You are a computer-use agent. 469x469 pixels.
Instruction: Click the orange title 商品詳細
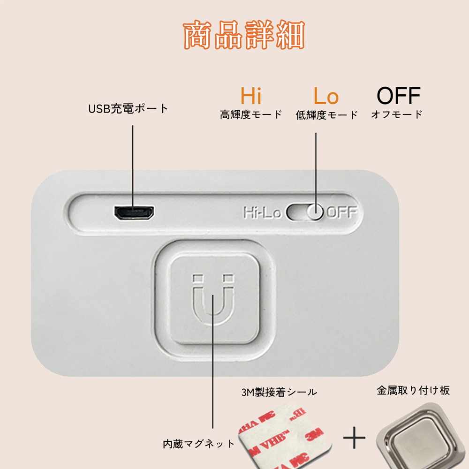pyautogui.click(x=244, y=35)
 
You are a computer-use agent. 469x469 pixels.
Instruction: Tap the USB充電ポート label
pyautogui.click(x=128, y=109)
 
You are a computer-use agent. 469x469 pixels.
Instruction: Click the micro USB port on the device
pyautogui.click(x=134, y=212)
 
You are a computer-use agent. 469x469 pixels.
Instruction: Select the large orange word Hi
pyautogui.click(x=251, y=96)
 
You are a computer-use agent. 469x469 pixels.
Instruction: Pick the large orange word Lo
pyautogui.click(x=326, y=96)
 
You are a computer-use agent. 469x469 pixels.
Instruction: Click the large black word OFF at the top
pyautogui.click(x=398, y=96)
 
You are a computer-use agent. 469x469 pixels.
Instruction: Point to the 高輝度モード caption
pyautogui.click(x=251, y=114)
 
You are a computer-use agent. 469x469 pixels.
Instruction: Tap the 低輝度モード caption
pyautogui.click(x=326, y=114)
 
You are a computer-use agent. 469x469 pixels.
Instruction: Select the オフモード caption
pyautogui.click(x=397, y=114)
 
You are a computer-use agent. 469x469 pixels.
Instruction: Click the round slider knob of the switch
pyautogui.click(x=315, y=212)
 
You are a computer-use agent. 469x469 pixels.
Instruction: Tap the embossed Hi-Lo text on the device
pyautogui.click(x=262, y=212)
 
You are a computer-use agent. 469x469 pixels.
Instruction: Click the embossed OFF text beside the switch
pyautogui.click(x=342, y=212)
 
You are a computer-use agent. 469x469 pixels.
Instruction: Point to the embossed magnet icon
pyautogui.click(x=213, y=299)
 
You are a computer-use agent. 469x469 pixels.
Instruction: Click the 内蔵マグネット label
pyautogui.click(x=198, y=444)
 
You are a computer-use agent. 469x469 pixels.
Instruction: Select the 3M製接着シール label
pyautogui.click(x=279, y=392)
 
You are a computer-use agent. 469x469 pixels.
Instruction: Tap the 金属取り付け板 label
pyautogui.click(x=413, y=390)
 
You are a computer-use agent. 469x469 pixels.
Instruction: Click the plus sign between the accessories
pyautogui.click(x=354, y=438)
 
